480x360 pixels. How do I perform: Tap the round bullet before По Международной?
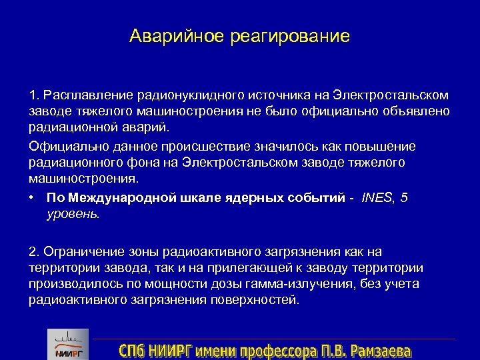33,198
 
